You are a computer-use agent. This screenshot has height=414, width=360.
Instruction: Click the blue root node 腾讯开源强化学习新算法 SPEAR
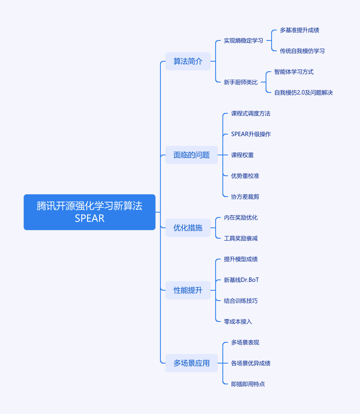(90, 212)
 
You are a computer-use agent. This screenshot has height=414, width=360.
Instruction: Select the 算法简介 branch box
(188, 61)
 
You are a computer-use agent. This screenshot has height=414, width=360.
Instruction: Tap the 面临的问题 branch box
(192, 155)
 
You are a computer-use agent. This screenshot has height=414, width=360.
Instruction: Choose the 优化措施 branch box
(188, 228)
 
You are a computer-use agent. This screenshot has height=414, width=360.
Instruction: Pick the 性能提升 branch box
(188, 290)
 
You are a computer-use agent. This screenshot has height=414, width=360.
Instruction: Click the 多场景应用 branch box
(192, 363)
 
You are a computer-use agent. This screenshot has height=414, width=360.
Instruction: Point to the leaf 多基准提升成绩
(300, 30)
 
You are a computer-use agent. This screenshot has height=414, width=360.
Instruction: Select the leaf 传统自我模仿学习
(302, 51)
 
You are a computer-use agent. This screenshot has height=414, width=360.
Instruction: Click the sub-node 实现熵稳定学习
(244, 40)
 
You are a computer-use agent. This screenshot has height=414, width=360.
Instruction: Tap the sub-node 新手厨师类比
(241, 82)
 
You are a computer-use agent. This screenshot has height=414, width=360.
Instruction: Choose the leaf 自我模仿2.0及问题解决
(304, 92)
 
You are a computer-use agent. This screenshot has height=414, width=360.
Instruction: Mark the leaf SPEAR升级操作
(251, 134)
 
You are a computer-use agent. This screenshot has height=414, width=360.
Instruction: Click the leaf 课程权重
(242, 155)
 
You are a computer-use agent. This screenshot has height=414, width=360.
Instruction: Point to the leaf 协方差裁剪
(245, 197)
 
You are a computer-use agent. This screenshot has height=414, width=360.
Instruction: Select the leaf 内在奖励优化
(241, 217)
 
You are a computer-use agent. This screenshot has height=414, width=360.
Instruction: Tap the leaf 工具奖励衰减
(241, 238)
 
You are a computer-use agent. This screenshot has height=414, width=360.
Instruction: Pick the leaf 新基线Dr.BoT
(242, 280)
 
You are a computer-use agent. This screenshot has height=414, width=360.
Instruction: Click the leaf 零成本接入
(238, 322)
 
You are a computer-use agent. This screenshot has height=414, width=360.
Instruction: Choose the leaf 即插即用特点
(248, 384)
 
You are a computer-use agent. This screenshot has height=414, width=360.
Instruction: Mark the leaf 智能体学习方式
(294, 72)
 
